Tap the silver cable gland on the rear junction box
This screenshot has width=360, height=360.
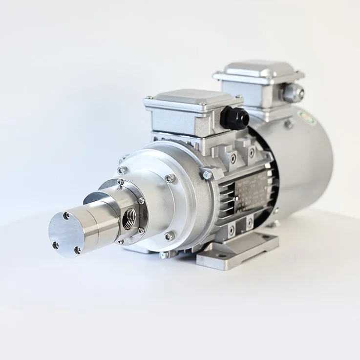pyautogui.click(x=293, y=92)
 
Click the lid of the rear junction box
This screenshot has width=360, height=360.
pyautogui.click(x=257, y=70)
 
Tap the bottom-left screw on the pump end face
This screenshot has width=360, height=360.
pyautogui.click(x=55, y=245)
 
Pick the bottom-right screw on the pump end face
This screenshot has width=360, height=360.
pyautogui.click(x=77, y=250)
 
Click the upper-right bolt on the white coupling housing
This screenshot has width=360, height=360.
pyautogui.click(x=169, y=178)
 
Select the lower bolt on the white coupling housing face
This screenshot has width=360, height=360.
pyautogui.click(x=169, y=236)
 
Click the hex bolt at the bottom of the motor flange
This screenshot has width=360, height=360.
pyautogui.click(x=164, y=254)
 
